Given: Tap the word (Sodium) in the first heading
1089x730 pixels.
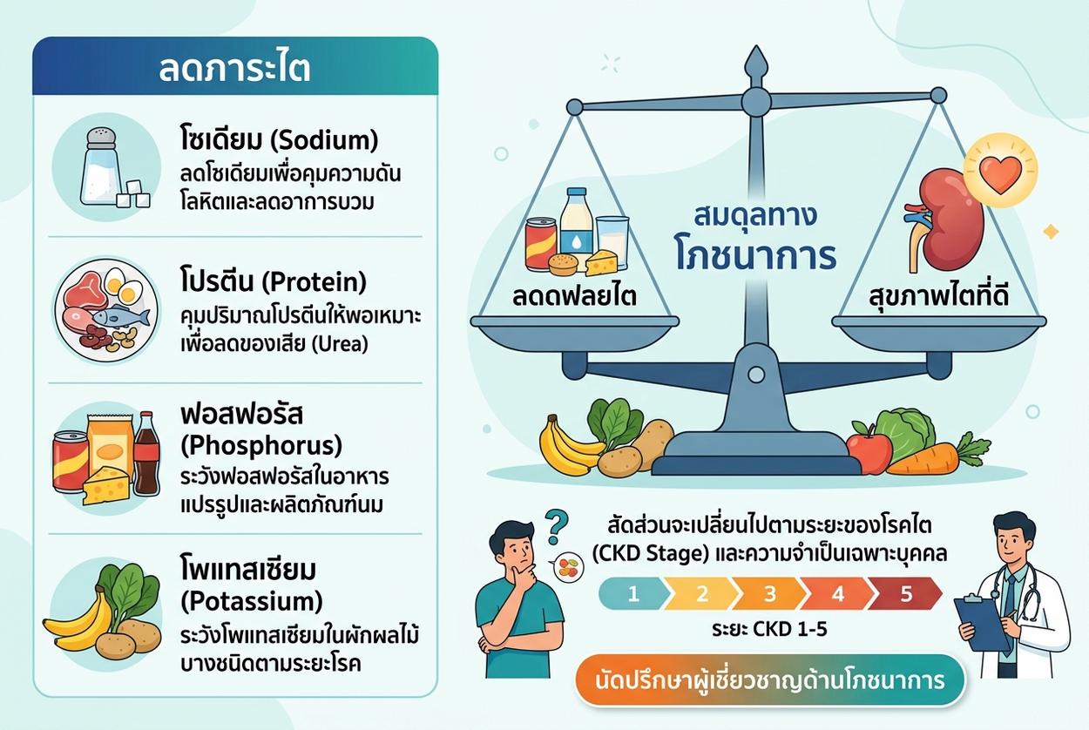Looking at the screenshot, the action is (x=323, y=141).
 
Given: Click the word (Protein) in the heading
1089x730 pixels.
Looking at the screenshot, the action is (x=315, y=282).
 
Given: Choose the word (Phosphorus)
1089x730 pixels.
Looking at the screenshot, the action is (x=261, y=446).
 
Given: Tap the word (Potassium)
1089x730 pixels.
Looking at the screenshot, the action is (x=252, y=602).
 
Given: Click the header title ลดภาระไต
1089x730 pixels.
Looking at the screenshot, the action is (x=235, y=70).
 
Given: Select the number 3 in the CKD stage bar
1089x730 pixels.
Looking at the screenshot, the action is (x=769, y=594).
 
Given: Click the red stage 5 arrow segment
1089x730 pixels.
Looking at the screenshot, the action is (x=905, y=594).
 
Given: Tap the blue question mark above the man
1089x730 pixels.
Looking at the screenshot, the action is (x=556, y=526).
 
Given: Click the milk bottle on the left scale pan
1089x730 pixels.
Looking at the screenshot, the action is (x=577, y=223).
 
